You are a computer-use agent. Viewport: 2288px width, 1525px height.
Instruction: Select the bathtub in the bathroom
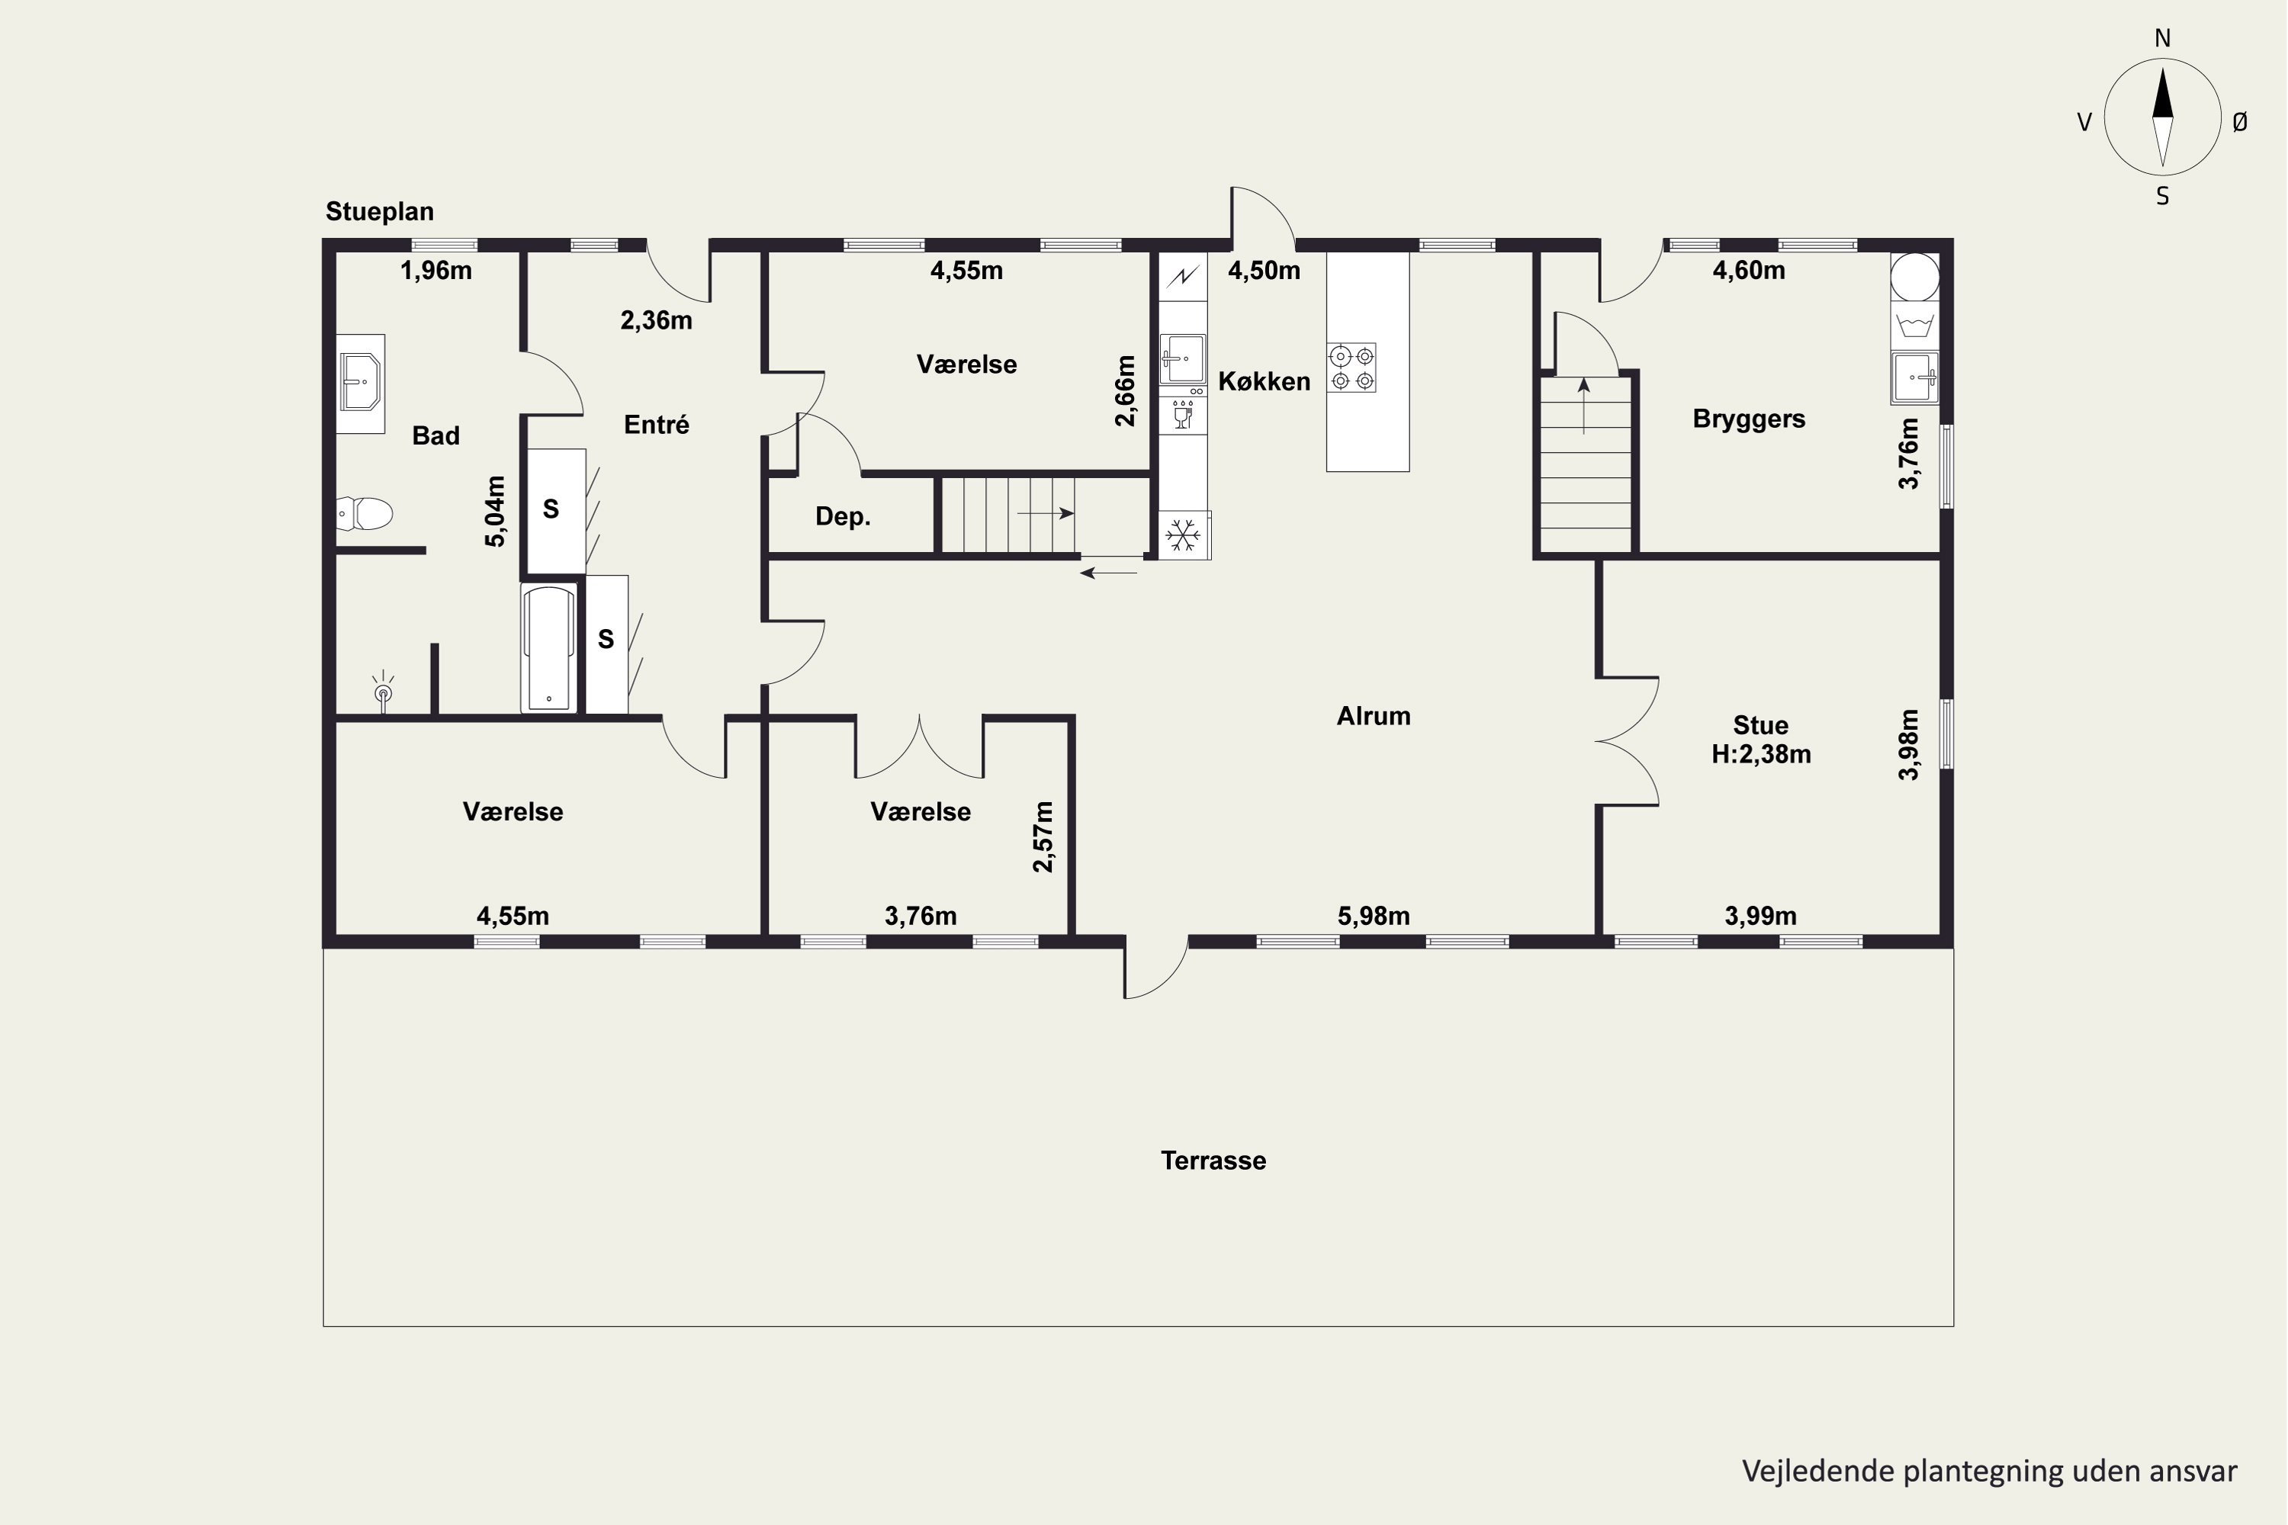click(x=548, y=647)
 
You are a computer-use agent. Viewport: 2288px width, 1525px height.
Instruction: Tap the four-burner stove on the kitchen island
click(x=1352, y=368)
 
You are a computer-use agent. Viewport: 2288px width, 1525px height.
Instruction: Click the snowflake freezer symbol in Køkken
click(x=1183, y=535)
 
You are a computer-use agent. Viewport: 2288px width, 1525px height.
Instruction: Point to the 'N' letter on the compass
click(x=2162, y=38)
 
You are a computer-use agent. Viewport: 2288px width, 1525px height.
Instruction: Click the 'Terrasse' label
click(x=1213, y=1161)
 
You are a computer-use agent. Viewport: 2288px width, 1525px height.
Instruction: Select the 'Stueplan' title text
click(x=379, y=211)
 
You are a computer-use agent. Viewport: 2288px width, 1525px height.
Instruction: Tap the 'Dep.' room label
click(x=843, y=516)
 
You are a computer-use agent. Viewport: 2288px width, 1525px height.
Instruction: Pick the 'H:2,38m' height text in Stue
click(x=1761, y=754)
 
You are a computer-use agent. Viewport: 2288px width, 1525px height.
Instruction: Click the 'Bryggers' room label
click(x=1749, y=419)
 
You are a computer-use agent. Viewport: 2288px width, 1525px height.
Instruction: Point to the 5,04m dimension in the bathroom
click(x=495, y=511)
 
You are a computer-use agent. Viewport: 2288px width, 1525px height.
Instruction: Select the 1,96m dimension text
click(x=435, y=271)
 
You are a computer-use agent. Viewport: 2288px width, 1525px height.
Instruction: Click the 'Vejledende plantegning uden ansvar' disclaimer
click(x=1989, y=1471)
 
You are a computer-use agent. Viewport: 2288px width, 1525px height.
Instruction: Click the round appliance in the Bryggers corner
click(x=1914, y=278)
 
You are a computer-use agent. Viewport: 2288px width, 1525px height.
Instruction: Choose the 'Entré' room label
click(x=657, y=424)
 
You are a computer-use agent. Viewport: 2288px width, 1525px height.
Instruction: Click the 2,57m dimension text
click(x=1043, y=836)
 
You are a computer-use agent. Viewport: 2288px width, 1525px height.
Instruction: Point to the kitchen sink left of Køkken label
click(x=1183, y=359)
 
